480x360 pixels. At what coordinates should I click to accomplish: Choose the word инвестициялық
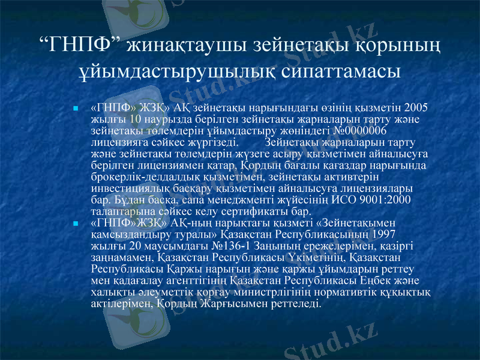tap(130, 188)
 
